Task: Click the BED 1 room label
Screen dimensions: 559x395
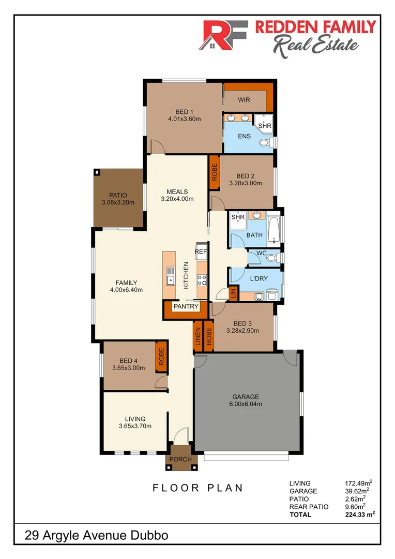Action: tap(184, 111)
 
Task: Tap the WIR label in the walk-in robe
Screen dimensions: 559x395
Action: tap(244, 99)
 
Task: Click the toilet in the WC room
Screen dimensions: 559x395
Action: tap(274, 257)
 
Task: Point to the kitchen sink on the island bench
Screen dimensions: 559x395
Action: tap(170, 280)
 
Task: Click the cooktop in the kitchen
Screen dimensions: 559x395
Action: tap(202, 280)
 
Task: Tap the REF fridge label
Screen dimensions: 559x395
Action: tap(201, 252)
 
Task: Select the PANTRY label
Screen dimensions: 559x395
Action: tap(186, 306)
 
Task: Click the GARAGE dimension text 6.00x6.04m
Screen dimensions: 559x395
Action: tap(247, 404)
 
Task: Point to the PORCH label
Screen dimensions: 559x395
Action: tap(181, 459)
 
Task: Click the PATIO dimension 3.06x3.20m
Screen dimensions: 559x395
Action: tap(118, 202)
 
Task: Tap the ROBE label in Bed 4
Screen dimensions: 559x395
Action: tap(161, 357)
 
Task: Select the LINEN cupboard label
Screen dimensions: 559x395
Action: tap(197, 336)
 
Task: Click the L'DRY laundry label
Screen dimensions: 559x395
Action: tap(258, 279)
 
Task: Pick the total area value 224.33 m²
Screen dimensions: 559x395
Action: tap(360, 514)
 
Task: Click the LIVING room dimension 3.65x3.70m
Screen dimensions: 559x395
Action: tap(135, 426)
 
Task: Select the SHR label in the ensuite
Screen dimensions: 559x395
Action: tap(265, 126)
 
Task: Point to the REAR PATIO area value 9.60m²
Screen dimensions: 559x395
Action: tap(356, 507)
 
